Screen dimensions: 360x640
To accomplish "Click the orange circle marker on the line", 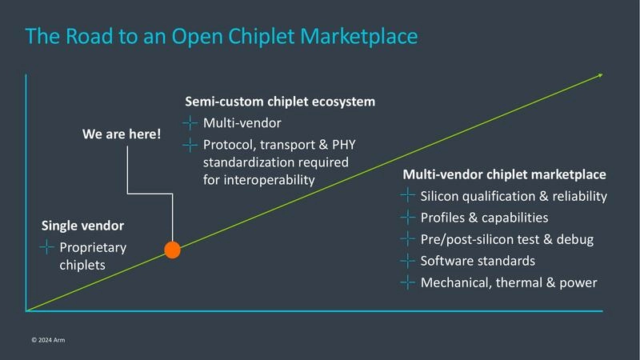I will (x=172, y=250).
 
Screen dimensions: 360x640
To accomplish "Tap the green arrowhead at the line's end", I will (x=599, y=76).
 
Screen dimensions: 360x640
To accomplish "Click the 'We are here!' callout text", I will (x=122, y=134).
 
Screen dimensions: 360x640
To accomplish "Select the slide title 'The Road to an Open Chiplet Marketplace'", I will (x=222, y=36).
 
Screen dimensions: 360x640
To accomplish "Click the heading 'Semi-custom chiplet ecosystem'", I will (x=280, y=102).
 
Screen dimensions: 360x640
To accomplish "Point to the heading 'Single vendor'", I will (x=82, y=226).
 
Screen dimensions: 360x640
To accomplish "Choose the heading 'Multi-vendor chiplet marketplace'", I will (x=504, y=174).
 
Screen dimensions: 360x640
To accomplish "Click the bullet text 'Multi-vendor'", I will (x=242, y=123).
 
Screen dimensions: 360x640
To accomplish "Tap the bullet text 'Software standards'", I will (x=478, y=261).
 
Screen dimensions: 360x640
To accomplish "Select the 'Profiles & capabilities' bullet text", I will (x=484, y=218).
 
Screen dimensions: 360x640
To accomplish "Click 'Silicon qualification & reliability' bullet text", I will (x=514, y=196).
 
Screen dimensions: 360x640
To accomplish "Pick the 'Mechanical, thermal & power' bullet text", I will (x=509, y=282).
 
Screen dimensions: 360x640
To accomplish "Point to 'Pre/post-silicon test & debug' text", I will (x=506, y=239).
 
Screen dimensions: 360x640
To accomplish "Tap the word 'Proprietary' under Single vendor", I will (x=93, y=247).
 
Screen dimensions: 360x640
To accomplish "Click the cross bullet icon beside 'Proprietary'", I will (x=46, y=247).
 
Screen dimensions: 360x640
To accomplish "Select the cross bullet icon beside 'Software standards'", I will (x=407, y=261).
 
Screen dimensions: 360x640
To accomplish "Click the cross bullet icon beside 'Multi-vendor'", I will (x=190, y=123).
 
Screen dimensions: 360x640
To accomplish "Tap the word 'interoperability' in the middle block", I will (x=258, y=179).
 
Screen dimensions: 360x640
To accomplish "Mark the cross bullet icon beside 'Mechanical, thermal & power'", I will (x=407, y=282).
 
